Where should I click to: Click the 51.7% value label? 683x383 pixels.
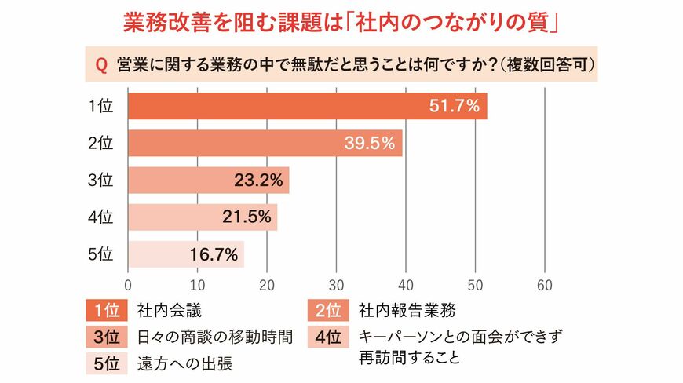[x=454, y=107]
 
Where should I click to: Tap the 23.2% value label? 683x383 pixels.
[x=258, y=181]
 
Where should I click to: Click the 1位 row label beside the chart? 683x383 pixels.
[x=101, y=107]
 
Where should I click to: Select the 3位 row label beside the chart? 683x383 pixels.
[x=101, y=181]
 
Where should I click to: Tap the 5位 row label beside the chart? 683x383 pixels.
[x=101, y=254]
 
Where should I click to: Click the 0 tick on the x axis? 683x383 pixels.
[x=128, y=284]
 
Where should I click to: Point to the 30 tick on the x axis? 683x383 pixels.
[x=337, y=284]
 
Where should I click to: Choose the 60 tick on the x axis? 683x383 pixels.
[x=545, y=284]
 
